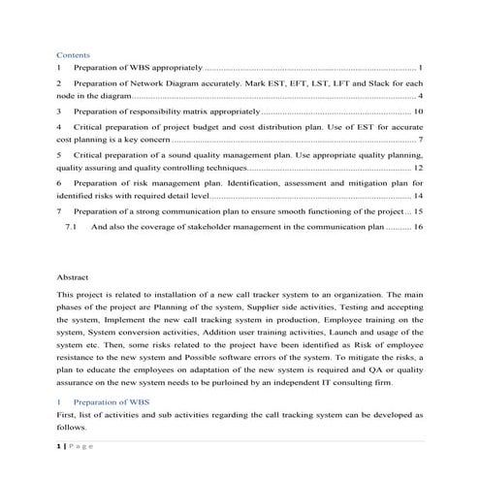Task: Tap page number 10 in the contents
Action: point(418,112)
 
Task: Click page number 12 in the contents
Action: point(418,168)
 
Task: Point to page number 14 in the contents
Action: point(418,195)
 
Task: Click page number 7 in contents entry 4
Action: point(421,140)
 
